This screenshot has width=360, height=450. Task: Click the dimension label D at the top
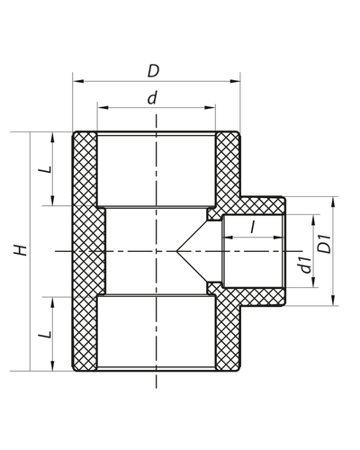coord(155,70)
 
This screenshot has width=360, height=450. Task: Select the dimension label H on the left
coord(21,251)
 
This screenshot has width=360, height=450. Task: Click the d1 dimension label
coord(306,262)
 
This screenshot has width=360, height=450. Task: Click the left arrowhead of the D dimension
coord(76,81)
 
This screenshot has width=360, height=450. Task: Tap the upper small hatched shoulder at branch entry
coord(214,215)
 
